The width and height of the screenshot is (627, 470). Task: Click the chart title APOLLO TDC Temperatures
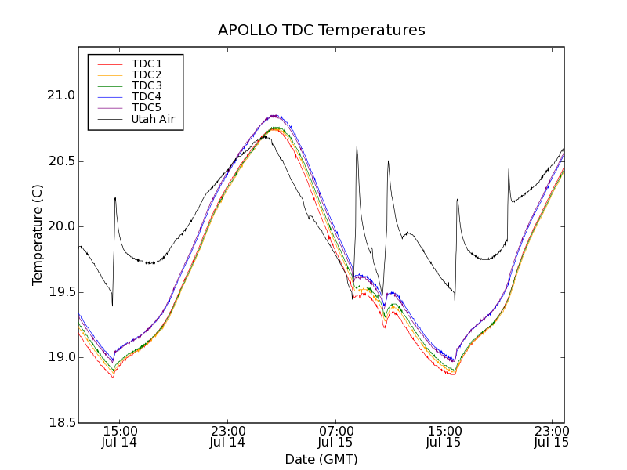point(321,31)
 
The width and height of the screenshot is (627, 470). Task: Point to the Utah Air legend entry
point(153,119)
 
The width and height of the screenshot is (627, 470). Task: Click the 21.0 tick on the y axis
point(60,96)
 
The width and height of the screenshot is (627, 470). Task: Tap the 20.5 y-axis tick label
point(60,161)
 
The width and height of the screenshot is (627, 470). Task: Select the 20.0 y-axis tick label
point(60,226)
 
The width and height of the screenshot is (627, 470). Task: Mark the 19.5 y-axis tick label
point(60,292)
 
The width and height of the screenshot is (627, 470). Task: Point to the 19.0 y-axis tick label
point(60,357)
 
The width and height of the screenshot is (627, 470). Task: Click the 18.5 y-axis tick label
point(60,423)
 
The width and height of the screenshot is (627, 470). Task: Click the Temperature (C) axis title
point(38,235)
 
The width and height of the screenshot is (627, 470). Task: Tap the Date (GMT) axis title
point(321,460)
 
